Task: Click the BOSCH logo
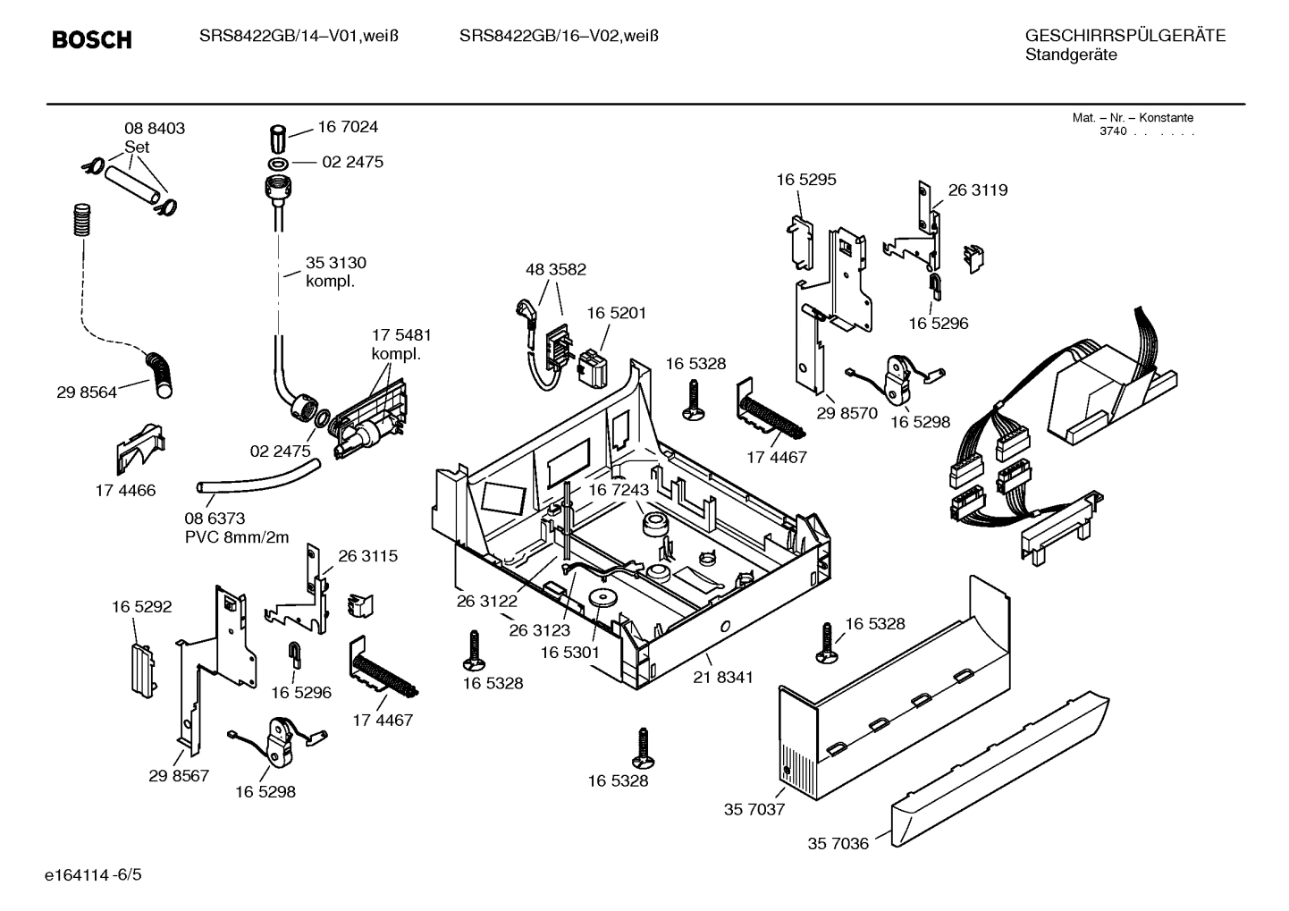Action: click(91, 40)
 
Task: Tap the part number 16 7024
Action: click(348, 127)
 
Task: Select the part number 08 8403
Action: click(155, 129)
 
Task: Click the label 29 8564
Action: click(86, 392)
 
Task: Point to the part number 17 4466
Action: click(125, 490)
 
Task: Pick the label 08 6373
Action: click(215, 519)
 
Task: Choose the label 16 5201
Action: click(616, 313)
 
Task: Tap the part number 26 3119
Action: click(977, 190)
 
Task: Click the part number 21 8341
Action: click(722, 677)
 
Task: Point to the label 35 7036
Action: click(838, 843)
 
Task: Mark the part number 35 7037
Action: click(754, 809)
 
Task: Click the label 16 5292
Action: click(141, 607)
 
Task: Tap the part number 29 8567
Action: click(179, 775)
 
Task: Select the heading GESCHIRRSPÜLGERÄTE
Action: click(1125, 37)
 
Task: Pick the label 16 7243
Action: click(618, 490)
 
